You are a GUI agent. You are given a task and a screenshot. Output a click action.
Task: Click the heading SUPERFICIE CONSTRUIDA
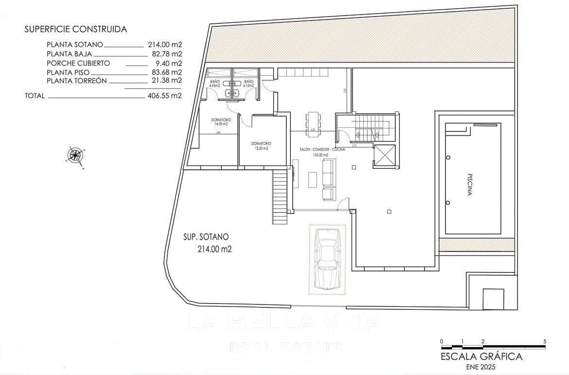coord(75,29)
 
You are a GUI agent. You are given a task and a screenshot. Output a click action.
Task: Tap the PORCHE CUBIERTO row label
coord(78,63)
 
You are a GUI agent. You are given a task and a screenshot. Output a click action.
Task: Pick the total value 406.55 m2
coord(164,96)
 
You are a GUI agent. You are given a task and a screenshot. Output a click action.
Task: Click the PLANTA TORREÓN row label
coord(77,81)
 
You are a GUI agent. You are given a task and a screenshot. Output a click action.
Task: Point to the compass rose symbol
coord(75,156)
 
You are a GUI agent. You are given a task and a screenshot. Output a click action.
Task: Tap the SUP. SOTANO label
coord(206,237)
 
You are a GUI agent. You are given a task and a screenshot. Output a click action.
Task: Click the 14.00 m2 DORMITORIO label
coord(221,122)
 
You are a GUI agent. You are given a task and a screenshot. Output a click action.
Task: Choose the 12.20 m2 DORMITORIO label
coord(261,145)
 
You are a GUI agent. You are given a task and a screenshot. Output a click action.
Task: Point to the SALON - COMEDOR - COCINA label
coord(322,150)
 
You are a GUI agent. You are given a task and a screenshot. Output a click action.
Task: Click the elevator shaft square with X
coord(385,156)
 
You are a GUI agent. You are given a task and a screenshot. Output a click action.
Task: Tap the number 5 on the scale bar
coord(545,341)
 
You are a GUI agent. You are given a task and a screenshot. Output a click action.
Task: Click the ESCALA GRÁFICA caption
coord(481,357)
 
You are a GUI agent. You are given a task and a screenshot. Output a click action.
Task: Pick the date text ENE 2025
coord(481,367)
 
